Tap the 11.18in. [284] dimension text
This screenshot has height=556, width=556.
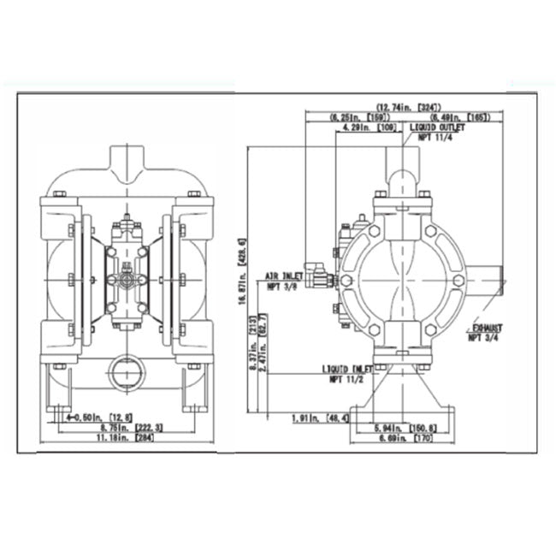click(x=124, y=438)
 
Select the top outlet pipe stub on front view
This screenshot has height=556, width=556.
click(x=128, y=162)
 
